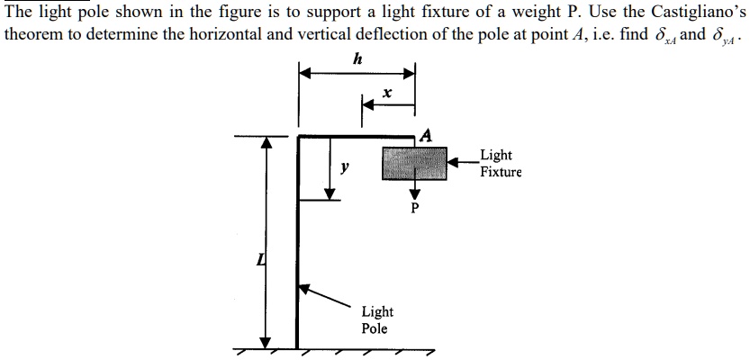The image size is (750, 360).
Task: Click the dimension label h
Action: (358, 59)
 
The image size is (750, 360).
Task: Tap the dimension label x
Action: (386, 93)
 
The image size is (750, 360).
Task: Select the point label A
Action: (426, 135)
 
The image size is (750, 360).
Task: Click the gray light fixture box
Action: (415, 163)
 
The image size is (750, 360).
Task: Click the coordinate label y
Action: (346, 168)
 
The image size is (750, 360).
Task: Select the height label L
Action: (260, 260)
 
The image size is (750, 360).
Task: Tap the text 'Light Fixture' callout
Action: (500, 164)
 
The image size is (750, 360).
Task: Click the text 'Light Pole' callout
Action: (376, 319)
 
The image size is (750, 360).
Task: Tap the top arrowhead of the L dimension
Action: (266, 143)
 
